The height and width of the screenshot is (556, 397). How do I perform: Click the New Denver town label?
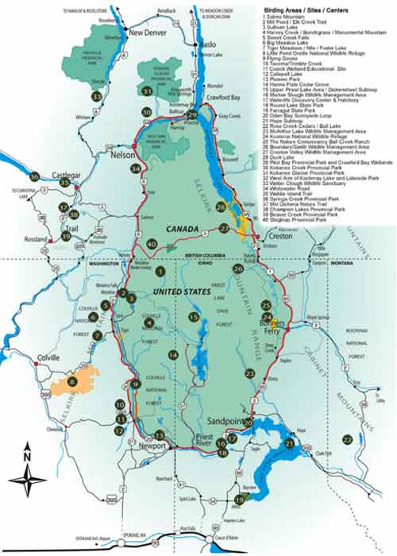148,33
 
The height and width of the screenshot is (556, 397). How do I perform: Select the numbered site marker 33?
96,96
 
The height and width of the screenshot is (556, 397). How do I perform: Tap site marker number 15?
193,318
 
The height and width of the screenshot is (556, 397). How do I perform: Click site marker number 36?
33,176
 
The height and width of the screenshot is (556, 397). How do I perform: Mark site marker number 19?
240,499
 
